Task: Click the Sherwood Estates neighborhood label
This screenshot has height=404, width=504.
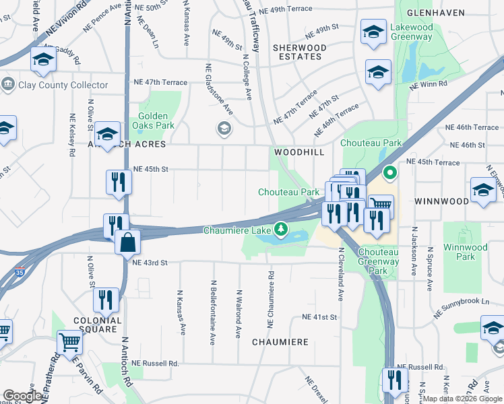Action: pyautogui.click(x=299, y=52)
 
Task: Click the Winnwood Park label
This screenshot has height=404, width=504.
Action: pyautogui.click(x=465, y=252)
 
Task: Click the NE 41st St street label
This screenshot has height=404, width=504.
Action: pyautogui.click(x=319, y=316)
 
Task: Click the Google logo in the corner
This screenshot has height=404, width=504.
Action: pyautogui.click(x=22, y=396)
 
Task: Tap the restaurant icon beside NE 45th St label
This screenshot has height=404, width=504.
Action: pyautogui.click(x=118, y=181)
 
